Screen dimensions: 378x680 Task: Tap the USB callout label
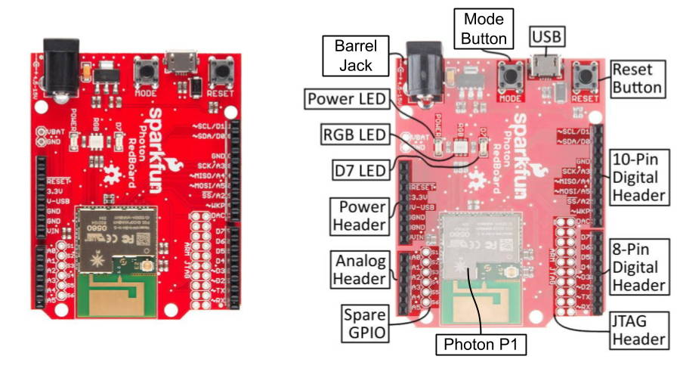pos(547,36)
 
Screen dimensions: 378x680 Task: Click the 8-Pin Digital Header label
pos(638,265)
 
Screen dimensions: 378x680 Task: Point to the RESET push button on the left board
pos(221,73)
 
